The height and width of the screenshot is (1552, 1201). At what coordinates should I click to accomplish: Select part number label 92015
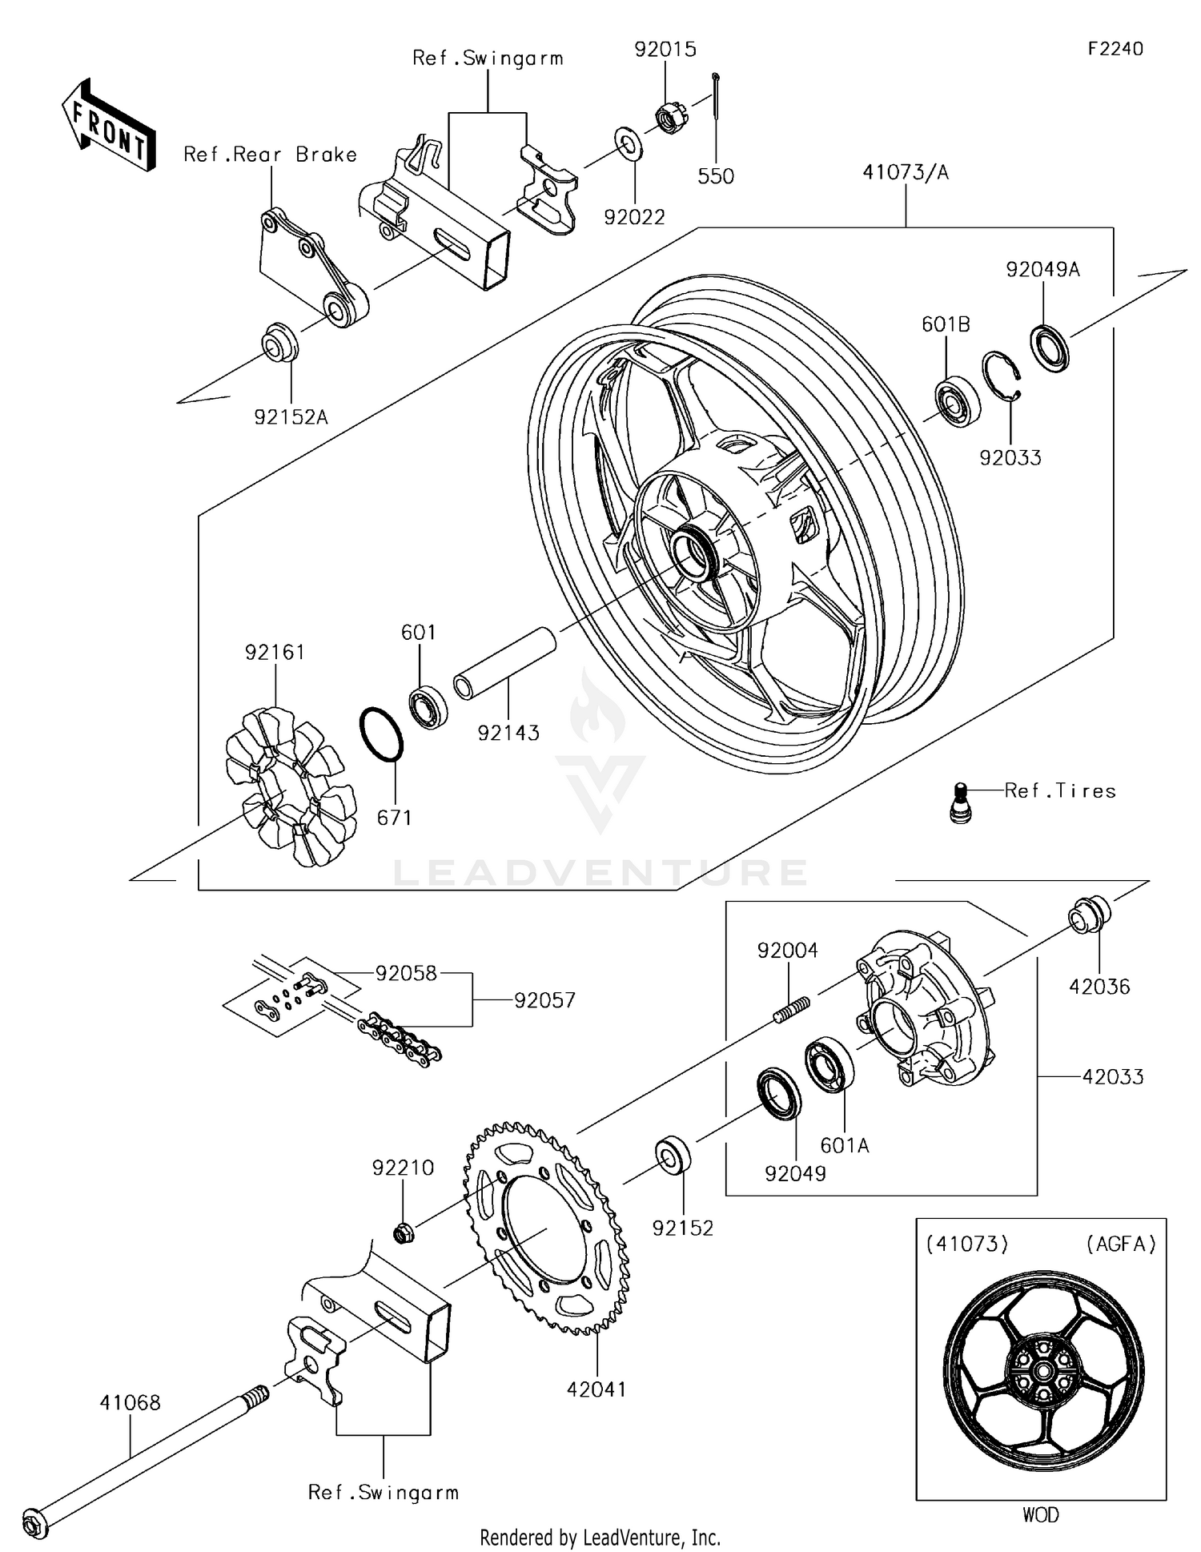coord(665,50)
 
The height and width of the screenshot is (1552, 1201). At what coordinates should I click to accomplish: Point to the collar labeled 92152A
coord(279,343)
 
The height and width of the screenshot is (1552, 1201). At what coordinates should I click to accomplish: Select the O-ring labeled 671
coord(381,734)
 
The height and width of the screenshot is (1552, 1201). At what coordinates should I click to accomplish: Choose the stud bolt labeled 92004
coord(792,1007)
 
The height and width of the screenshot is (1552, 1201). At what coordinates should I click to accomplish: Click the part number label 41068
coord(130,1402)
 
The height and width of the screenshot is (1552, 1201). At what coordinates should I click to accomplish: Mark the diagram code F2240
coord(1115,49)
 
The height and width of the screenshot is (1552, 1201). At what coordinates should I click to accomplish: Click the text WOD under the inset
coord(1040,1514)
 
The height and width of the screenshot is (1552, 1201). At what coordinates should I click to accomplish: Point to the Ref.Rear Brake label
coord(270,155)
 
